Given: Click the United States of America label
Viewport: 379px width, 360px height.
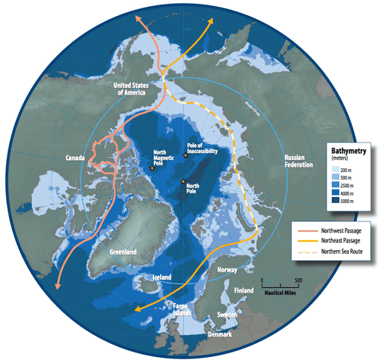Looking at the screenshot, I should point(132,88).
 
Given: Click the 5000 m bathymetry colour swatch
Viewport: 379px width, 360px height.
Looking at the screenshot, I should point(333,202).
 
